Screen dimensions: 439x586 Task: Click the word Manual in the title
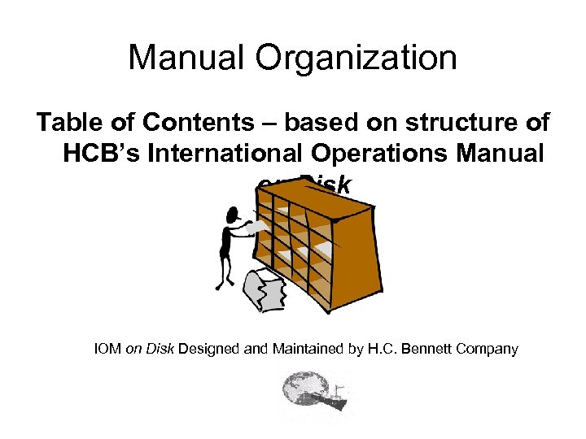click(x=180, y=58)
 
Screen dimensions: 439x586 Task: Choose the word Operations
click(x=400, y=154)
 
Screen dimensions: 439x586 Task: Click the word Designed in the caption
click(x=207, y=350)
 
